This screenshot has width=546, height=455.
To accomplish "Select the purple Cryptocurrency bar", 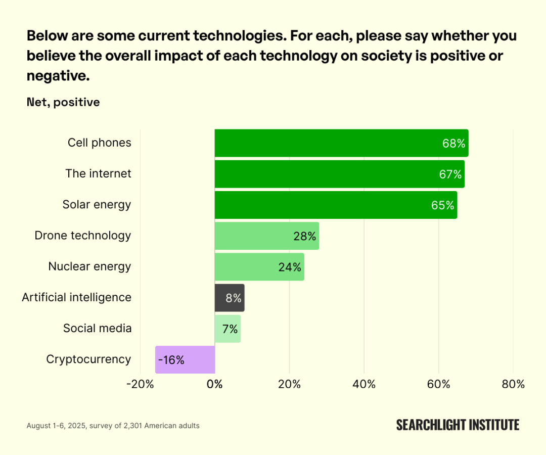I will pos(185,359).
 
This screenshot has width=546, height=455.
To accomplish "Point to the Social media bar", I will pos(227,329).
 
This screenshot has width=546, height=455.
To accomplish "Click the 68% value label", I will pos(453,144).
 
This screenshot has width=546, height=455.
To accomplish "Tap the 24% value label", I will pos(290,267).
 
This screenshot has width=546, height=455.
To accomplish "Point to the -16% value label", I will pos(171,360).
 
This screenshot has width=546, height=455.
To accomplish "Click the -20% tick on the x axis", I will pos(140,384).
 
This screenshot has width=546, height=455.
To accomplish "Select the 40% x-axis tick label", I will pos(364,384).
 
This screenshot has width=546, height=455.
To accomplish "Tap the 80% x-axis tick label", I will pos(513,384).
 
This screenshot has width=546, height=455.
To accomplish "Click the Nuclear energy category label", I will pos(89,266).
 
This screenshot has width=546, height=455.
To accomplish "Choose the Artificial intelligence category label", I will pos(76,297).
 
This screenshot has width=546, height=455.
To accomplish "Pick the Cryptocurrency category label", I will pos(88,359).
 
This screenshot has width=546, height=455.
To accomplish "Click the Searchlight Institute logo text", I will pos(458,425).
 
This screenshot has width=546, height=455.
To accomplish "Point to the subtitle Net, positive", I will pos(63,102).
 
